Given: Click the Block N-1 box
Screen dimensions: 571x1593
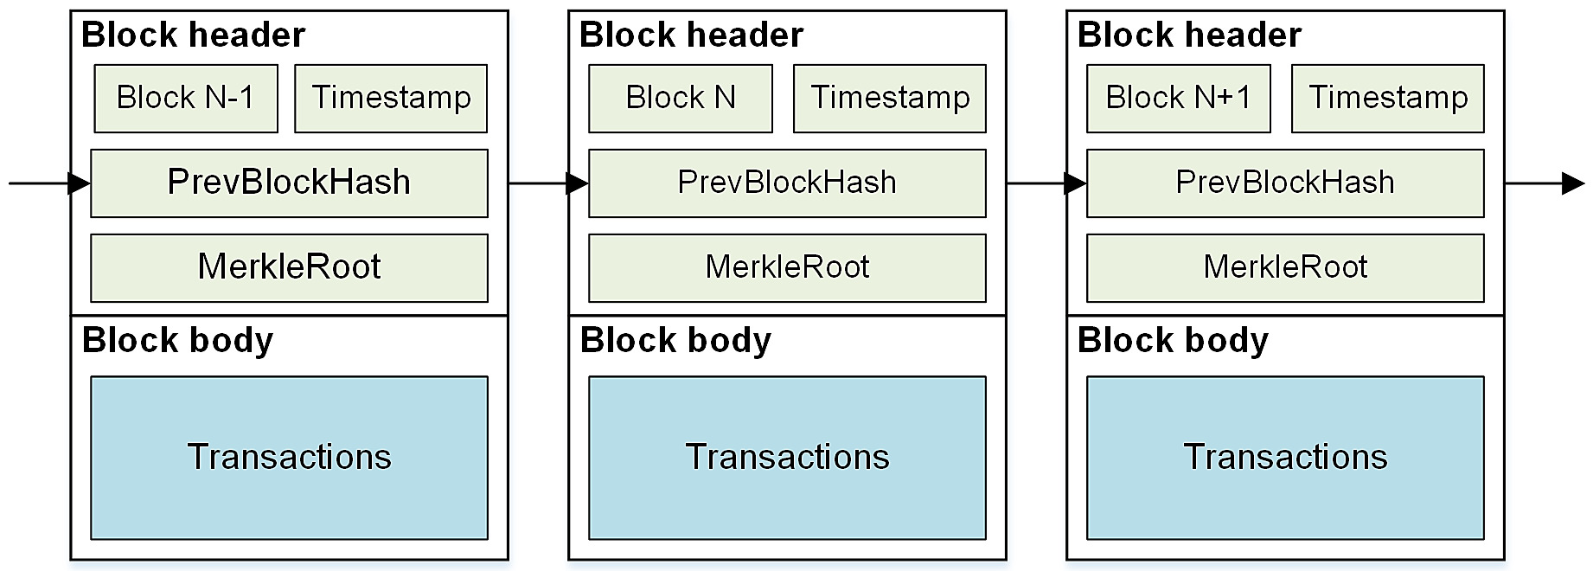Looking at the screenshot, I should pos(186,98).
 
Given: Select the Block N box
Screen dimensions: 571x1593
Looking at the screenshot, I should pos(681,98).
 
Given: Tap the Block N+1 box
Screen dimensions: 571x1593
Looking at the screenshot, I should pos(1178,98).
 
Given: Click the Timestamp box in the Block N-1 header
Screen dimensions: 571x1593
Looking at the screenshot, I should pos(391,98).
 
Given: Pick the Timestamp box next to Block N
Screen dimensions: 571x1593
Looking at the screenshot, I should pos(889,98).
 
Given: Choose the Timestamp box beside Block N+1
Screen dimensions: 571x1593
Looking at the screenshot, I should pos(1387,98).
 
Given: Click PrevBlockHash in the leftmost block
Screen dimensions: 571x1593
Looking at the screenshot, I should pos(289,183).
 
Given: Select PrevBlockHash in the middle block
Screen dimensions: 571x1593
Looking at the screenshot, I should pos(787,183).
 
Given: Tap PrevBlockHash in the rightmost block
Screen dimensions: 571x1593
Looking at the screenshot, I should pos(1285,183).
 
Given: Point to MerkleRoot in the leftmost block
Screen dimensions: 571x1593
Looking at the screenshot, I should pos(289,267).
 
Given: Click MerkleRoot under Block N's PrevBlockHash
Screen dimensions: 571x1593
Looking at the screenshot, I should pos(787,267).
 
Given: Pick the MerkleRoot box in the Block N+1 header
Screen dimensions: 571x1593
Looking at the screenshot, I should pos(1285,267).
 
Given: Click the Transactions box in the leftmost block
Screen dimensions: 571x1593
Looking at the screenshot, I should pos(289,457).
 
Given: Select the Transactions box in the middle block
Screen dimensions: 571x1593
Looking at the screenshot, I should pos(787,457).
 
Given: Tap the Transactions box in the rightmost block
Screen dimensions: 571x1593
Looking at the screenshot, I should pos(1285,457).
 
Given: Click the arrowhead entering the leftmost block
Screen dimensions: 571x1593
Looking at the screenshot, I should pos(79,183).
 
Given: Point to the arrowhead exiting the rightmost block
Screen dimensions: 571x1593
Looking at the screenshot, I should pos(1573,183).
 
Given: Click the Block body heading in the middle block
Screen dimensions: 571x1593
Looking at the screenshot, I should pos(675,340).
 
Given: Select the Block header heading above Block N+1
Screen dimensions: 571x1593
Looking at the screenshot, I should pos(1189,35).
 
